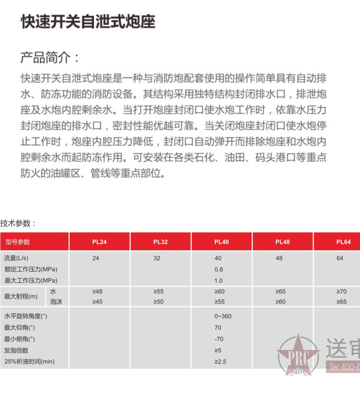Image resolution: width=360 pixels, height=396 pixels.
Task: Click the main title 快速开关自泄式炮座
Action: [x=88, y=22]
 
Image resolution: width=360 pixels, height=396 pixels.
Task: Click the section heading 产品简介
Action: [x=50, y=58]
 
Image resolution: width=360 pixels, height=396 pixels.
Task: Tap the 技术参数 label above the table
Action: [x=18, y=223]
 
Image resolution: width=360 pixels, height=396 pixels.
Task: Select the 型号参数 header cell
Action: [x=18, y=242]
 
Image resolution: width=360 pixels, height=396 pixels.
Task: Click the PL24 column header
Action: [x=99, y=242]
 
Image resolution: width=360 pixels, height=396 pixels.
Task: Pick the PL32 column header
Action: [x=161, y=242]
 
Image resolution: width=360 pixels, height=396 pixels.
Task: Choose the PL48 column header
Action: [x=283, y=242]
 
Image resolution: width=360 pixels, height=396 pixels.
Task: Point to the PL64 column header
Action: [x=343, y=242]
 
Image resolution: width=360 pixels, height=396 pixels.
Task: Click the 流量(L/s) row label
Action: [x=16, y=258]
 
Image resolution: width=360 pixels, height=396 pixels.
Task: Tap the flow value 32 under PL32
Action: [x=157, y=258]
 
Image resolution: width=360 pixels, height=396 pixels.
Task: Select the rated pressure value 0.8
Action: [x=219, y=269]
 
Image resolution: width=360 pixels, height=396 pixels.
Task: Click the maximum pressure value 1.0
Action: [x=219, y=280]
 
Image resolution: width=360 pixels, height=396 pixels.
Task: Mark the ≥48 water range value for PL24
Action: [x=97, y=292]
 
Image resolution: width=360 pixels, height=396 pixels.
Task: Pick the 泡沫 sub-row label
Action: [x=56, y=302]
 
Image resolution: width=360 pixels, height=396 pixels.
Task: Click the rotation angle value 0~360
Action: [x=223, y=316]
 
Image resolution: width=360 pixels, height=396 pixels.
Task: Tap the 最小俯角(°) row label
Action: [x=19, y=339]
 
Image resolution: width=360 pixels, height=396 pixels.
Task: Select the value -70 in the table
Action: [x=219, y=339]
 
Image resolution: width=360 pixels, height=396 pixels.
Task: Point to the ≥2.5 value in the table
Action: [x=220, y=361]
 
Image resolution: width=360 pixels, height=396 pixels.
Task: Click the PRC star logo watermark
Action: [x=298, y=355]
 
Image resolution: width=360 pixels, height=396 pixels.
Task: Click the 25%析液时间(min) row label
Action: [x=30, y=361]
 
